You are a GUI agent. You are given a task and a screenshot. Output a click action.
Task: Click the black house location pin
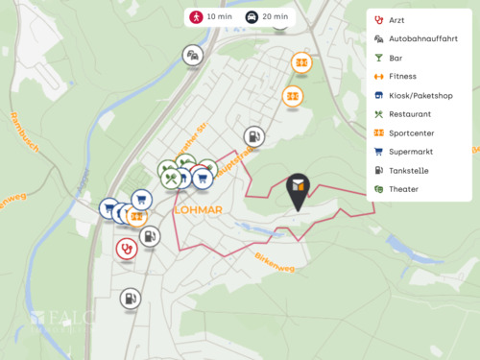click(298, 190)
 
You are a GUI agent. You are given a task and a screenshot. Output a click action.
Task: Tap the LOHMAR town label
click(199, 209)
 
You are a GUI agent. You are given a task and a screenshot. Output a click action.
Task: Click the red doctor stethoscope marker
click(126, 249)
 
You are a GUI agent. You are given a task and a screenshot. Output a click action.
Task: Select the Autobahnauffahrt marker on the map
click(194, 55)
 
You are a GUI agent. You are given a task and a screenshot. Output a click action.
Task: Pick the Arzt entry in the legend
click(396, 20)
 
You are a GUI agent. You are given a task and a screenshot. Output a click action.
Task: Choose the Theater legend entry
click(403, 189)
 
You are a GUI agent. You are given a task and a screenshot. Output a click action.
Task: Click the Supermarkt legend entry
click(410, 152)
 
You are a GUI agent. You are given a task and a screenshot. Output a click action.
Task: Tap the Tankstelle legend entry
click(409, 170)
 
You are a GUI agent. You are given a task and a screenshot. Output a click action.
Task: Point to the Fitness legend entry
click(402, 76)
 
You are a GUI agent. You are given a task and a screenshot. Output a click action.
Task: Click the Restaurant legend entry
click(410, 114)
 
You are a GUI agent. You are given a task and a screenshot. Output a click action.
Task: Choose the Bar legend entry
click(395, 58)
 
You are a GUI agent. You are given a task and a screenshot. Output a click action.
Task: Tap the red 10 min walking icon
click(196, 17)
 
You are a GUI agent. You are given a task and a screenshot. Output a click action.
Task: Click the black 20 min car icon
click(252, 17)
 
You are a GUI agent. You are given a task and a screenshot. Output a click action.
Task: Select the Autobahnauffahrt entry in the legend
click(423, 39)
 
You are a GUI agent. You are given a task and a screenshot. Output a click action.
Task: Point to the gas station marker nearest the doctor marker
click(150, 236)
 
